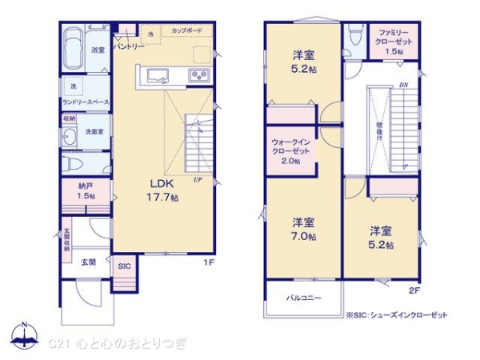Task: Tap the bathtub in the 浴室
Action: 73,50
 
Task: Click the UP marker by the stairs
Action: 196,179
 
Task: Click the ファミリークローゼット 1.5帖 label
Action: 392,42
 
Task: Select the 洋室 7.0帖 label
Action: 302,228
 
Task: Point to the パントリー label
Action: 128,47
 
